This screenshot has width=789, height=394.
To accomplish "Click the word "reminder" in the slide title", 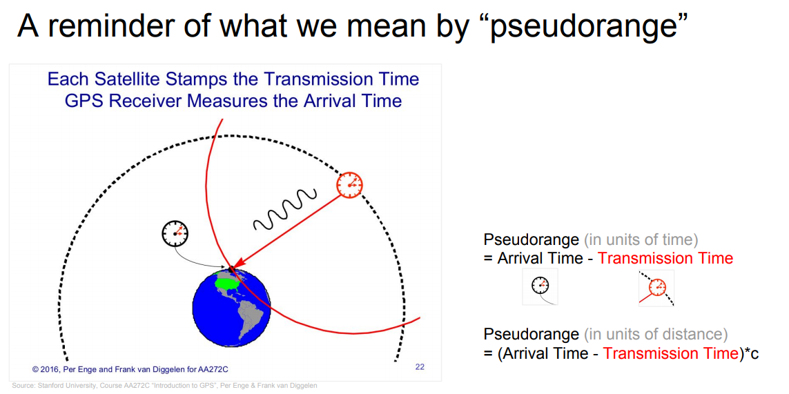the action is coord(103,27).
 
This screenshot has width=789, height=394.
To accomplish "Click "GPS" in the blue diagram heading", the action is coord(82,101).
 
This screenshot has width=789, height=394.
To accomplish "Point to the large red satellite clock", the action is coord(349,185).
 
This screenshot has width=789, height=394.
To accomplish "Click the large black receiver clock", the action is coord(175,233).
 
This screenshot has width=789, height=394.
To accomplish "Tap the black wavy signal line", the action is coord(285,208).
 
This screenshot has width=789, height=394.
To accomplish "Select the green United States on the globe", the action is coord(228,282).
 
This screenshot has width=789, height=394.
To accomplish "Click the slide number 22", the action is coord(420,367).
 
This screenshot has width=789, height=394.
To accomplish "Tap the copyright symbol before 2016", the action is coord(36,369).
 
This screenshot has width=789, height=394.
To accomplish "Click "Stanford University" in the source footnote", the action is coord(60,386).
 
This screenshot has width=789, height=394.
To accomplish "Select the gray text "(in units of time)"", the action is coord(641,240).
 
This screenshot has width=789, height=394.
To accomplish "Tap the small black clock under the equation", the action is coord(540,286).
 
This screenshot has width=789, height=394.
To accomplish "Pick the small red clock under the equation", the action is coord(656,287).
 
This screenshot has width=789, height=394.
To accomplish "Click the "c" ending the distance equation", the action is coord(754,354).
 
